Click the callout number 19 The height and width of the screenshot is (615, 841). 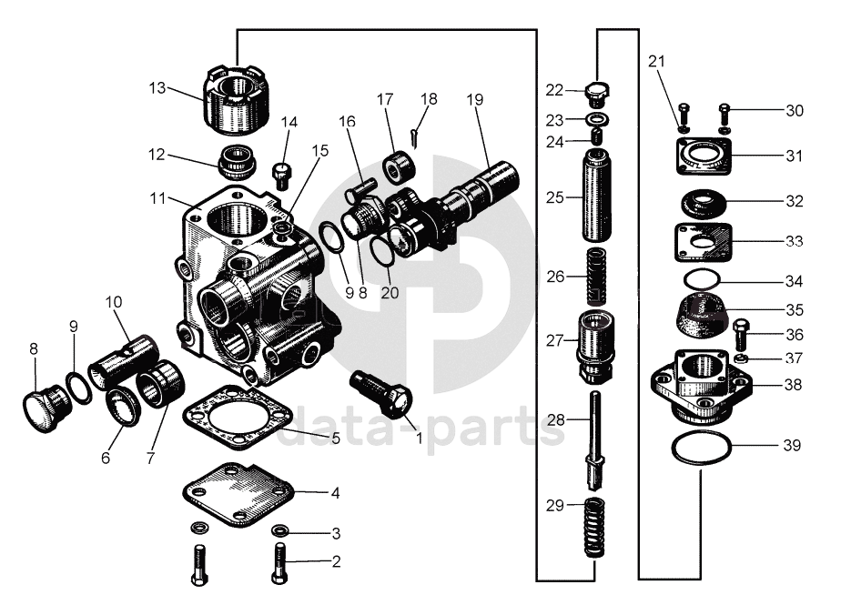pyautogui.click(x=473, y=98)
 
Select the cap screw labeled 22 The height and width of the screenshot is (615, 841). pyautogui.click(x=597, y=91)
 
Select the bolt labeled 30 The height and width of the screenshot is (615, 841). pyautogui.click(x=725, y=114)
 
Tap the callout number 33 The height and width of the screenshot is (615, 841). pyautogui.click(x=794, y=242)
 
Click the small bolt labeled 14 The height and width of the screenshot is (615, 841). pyautogui.click(x=281, y=169)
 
